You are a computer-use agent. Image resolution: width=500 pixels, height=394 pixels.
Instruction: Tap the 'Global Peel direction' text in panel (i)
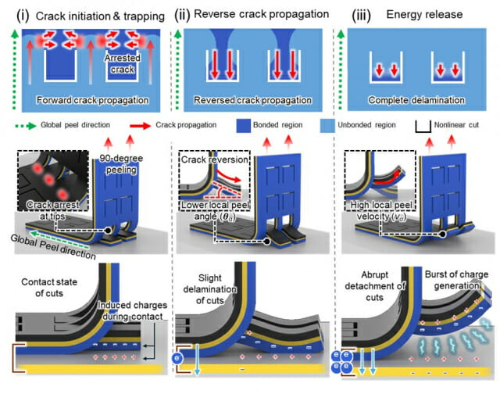point(51,243)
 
